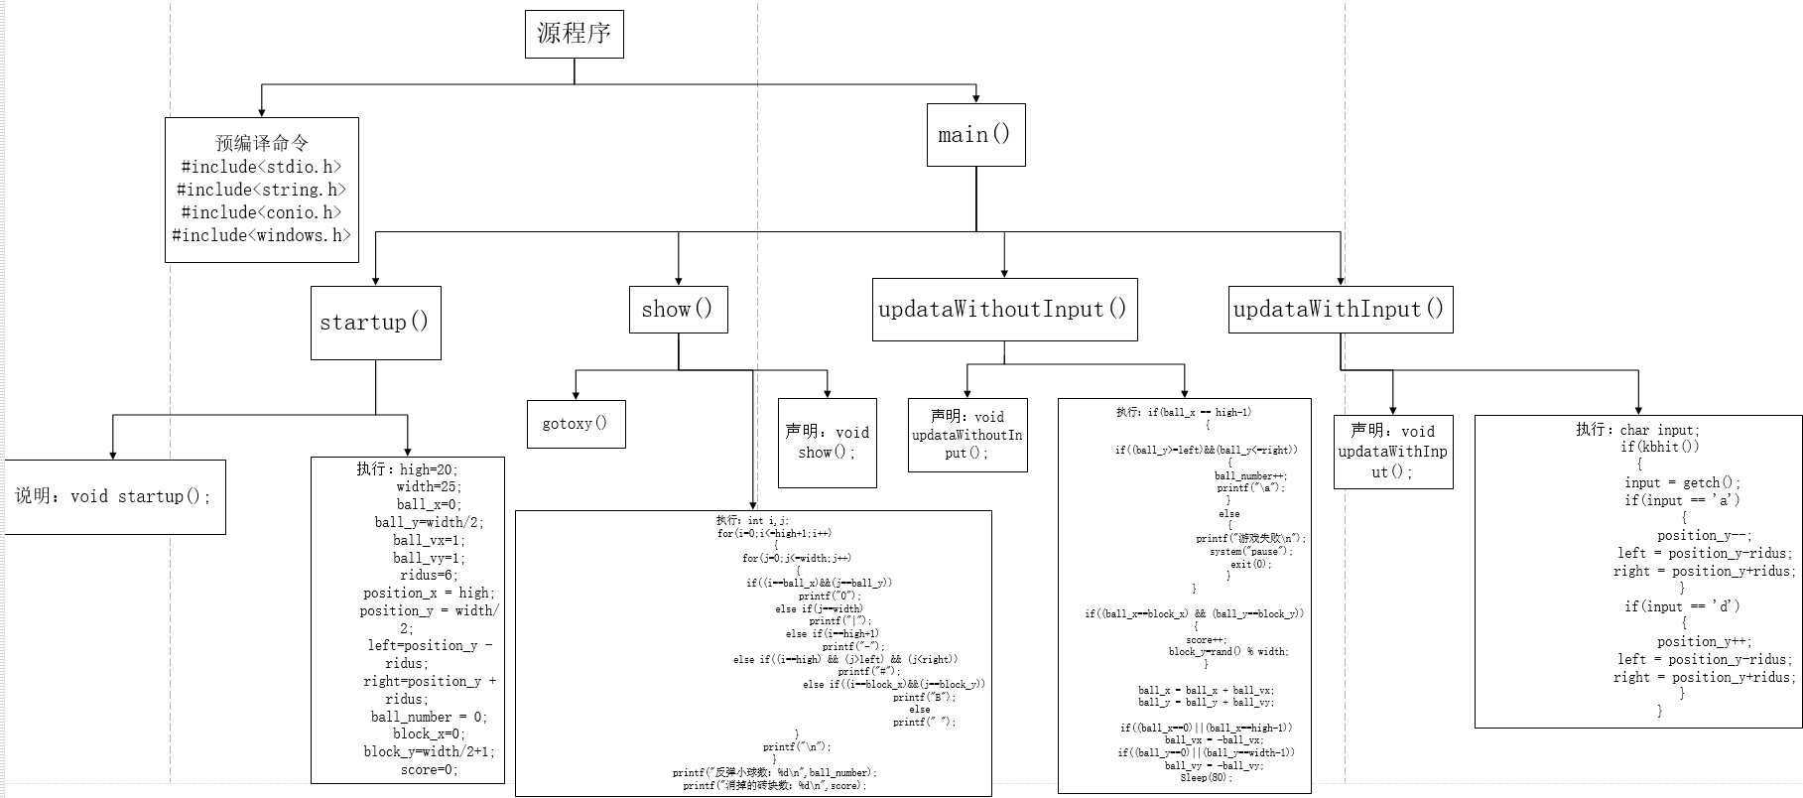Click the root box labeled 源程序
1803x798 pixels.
pos(574,34)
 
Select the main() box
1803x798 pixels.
pos(975,135)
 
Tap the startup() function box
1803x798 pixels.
pos(375,323)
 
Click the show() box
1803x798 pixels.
pos(678,310)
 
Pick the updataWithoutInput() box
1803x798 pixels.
pos(1004,310)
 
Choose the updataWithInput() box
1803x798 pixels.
pos(1340,310)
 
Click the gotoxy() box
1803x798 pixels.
pos(576,424)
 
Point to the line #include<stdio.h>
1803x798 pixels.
pos(262,167)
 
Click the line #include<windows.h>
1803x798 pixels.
pos(262,235)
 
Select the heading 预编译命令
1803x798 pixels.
pos(262,143)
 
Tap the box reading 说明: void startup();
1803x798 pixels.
pos(114,496)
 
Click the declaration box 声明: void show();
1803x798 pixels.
pos(827,443)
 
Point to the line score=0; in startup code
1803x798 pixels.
pos(429,769)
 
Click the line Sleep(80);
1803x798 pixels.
pos(1206,777)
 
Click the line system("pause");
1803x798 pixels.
pos(1250,551)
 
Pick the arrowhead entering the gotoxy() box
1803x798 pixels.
pos(576,395)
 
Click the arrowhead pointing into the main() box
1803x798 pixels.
pos(976,98)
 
